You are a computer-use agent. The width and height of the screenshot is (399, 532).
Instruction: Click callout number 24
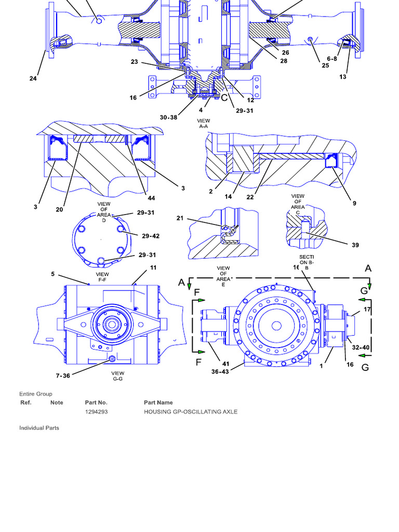33,79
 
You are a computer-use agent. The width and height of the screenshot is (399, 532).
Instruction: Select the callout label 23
135,62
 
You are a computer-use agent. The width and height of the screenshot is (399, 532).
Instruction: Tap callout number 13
343,77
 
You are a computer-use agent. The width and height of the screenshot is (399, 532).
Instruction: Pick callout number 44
151,198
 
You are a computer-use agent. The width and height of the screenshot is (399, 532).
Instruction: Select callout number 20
60,209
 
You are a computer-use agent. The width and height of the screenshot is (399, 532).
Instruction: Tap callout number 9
354,203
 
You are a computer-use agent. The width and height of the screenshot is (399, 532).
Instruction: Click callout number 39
355,245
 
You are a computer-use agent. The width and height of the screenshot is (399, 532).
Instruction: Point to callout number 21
180,218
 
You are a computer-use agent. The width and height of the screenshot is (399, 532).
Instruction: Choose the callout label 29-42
151,236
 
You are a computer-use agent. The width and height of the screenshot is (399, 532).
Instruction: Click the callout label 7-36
63,376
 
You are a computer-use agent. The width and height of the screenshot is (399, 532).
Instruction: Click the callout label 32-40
361,347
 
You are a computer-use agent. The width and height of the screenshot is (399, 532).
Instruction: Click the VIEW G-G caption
118,376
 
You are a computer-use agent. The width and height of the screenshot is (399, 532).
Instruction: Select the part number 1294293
97,411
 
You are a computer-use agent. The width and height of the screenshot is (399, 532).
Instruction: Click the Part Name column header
158,402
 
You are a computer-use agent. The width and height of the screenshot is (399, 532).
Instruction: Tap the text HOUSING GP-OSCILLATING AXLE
191,411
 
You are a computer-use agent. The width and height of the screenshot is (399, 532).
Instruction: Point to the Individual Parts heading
39,428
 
